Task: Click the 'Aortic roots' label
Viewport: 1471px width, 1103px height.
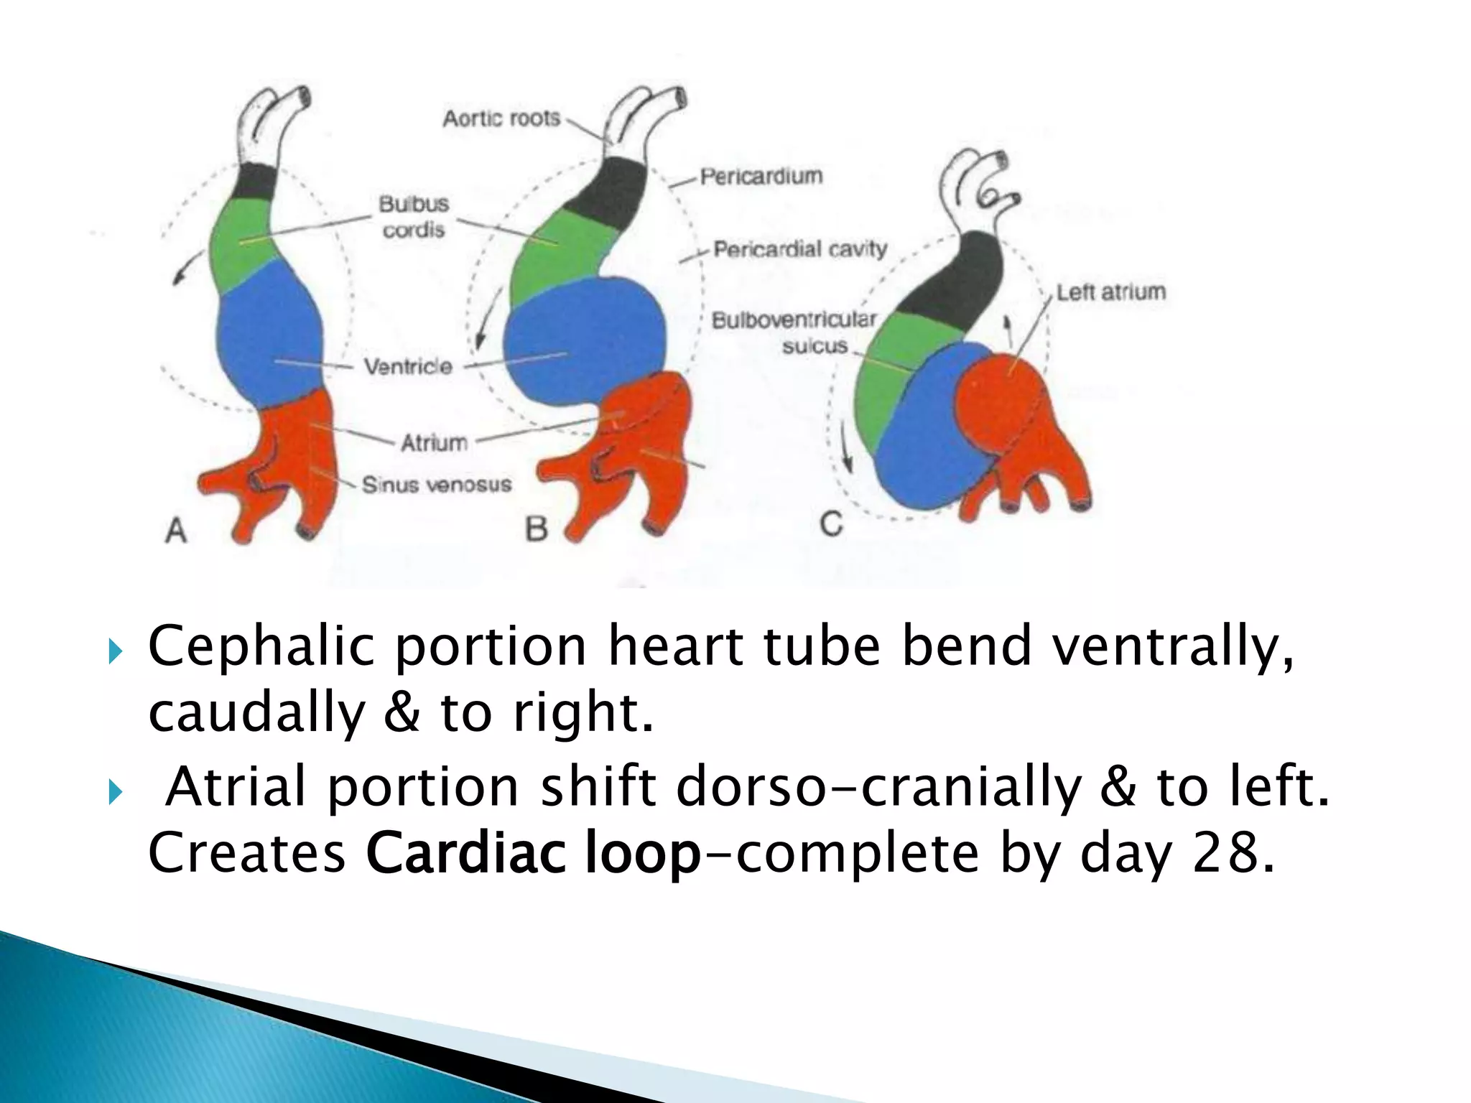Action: click(501, 118)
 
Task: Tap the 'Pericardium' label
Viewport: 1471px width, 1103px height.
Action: click(761, 176)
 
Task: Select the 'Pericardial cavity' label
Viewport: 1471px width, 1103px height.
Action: click(800, 250)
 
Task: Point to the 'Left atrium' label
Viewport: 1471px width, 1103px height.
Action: click(1110, 292)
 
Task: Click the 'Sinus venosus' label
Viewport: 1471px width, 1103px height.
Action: click(437, 485)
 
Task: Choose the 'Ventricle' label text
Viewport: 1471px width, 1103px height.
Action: click(408, 367)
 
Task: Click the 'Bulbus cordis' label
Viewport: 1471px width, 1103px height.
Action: click(414, 217)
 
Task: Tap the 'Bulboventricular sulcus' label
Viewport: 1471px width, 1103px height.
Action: click(794, 332)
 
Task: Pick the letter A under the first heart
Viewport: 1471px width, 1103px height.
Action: click(176, 531)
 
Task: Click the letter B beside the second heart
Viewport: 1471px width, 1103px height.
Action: click(537, 530)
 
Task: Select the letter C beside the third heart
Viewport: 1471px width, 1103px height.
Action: click(831, 524)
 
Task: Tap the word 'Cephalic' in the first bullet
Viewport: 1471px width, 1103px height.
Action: click(261, 646)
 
